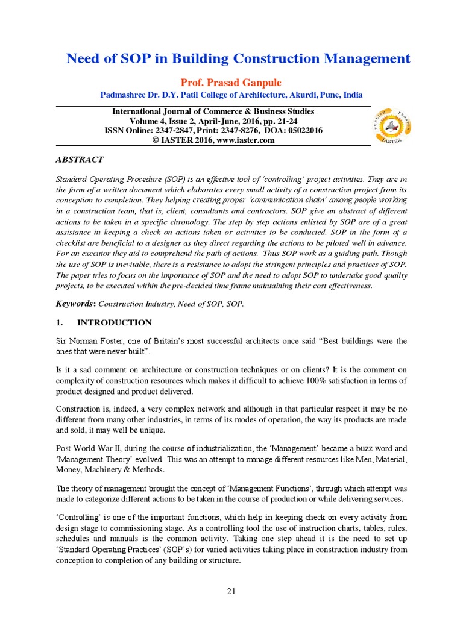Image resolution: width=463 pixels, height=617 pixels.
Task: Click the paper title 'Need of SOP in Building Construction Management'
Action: coord(238,59)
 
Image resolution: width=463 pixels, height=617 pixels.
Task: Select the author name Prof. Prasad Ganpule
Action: coord(231,83)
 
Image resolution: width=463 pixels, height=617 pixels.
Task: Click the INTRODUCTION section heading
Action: coord(112,322)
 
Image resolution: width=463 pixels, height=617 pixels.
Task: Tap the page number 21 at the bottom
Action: coord(231,591)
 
